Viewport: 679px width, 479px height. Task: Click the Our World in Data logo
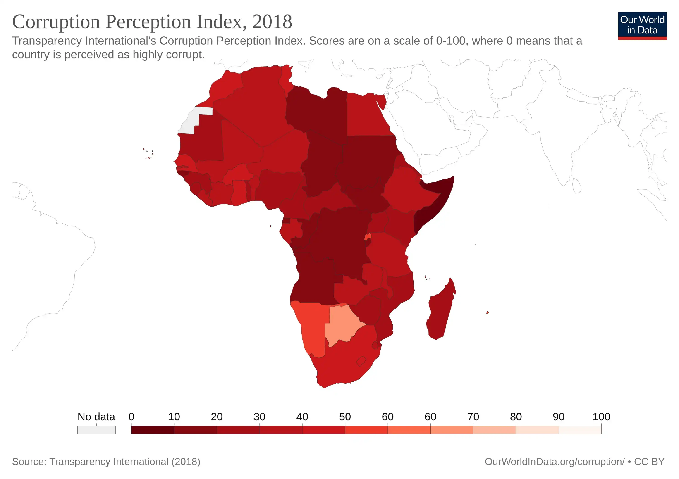tap(642, 25)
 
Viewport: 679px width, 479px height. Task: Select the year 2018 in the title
tap(272, 22)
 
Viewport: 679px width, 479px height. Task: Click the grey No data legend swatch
tap(96, 430)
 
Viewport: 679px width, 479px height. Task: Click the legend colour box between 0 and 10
tap(153, 430)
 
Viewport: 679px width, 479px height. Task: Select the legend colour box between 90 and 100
tap(580, 430)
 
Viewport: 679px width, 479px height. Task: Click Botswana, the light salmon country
tap(343, 324)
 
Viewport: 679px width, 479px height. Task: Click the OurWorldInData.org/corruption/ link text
tap(555, 462)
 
